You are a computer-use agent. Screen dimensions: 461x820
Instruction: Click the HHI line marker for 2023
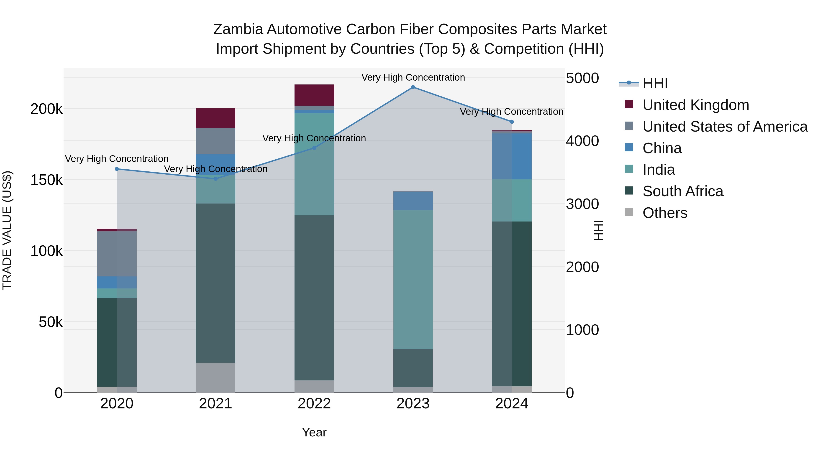[413, 87]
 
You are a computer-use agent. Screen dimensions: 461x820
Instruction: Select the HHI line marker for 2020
[117, 169]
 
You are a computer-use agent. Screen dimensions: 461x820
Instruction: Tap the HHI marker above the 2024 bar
[512, 122]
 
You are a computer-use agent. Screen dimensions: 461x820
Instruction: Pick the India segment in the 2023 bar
[413, 279]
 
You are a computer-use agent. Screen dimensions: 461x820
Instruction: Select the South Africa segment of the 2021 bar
[215, 283]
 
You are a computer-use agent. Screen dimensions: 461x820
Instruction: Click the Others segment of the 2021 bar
[215, 378]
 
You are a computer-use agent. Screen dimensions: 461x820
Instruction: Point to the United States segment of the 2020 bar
[117, 254]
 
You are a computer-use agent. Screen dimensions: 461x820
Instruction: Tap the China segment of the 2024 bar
[512, 156]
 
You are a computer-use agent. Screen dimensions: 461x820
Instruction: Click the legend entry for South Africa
[683, 191]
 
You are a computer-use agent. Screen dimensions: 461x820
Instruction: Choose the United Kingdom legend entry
[696, 105]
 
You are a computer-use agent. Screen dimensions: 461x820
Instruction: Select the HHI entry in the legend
[655, 83]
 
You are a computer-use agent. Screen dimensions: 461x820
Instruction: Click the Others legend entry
[665, 213]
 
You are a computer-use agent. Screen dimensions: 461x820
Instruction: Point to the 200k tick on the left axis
[46, 109]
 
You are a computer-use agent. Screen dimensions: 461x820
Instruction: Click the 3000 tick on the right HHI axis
[582, 204]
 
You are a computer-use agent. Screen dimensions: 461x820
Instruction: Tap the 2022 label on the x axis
[314, 404]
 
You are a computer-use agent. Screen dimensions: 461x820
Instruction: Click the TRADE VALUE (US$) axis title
[7, 230]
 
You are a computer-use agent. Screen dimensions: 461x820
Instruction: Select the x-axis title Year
[314, 432]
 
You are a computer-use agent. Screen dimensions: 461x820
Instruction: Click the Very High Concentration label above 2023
[413, 77]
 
